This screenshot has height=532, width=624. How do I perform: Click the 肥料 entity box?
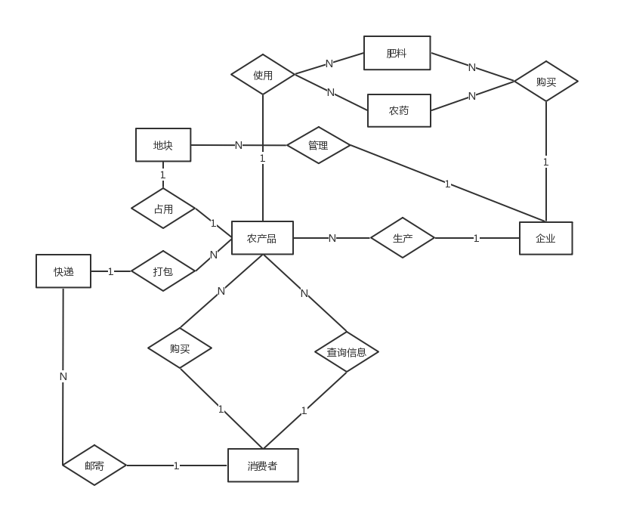[397, 53]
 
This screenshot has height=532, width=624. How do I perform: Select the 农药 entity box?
[399, 110]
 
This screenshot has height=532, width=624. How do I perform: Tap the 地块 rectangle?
[163, 145]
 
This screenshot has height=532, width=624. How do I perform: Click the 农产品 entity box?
[262, 239]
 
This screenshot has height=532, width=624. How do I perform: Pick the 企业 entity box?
[545, 238]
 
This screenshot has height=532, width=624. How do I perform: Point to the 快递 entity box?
[63, 271]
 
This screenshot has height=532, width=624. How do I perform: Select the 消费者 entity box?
[263, 466]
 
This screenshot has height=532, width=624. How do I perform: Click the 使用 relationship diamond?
[263, 75]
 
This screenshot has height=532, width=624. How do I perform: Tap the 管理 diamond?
[318, 145]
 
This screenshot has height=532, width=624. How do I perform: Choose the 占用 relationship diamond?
[163, 209]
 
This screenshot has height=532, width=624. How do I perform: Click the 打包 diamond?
[163, 271]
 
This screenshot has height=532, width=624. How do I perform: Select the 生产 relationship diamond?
[403, 238]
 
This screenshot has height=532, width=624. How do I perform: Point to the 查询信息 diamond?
[347, 351]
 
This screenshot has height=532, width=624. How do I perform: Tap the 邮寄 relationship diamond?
[94, 466]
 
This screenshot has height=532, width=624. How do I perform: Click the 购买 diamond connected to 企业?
[546, 82]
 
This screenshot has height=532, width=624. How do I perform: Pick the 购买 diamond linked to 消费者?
[180, 348]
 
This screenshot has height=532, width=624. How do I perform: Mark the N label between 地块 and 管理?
[239, 145]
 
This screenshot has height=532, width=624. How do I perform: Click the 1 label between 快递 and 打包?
[111, 271]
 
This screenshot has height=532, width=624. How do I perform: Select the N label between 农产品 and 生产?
[332, 239]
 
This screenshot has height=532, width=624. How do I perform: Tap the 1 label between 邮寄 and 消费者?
[177, 466]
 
